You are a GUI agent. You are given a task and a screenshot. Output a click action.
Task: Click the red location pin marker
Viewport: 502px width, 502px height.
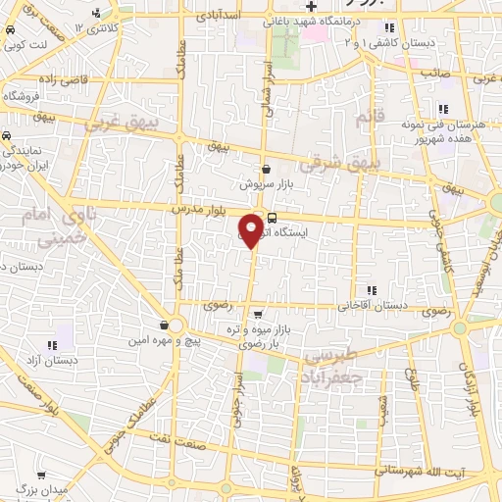(251, 229)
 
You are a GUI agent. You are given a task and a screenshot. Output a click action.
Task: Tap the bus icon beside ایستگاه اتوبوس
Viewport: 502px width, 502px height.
(272, 219)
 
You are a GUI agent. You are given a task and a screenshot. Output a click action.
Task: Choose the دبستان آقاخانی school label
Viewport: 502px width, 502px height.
(373, 305)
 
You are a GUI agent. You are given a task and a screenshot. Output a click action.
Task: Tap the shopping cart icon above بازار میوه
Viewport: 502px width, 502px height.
(257, 315)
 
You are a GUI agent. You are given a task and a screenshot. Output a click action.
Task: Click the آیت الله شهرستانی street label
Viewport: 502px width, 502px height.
(431, 473)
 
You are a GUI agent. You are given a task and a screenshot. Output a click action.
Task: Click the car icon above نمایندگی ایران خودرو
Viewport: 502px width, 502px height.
(6, 136)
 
